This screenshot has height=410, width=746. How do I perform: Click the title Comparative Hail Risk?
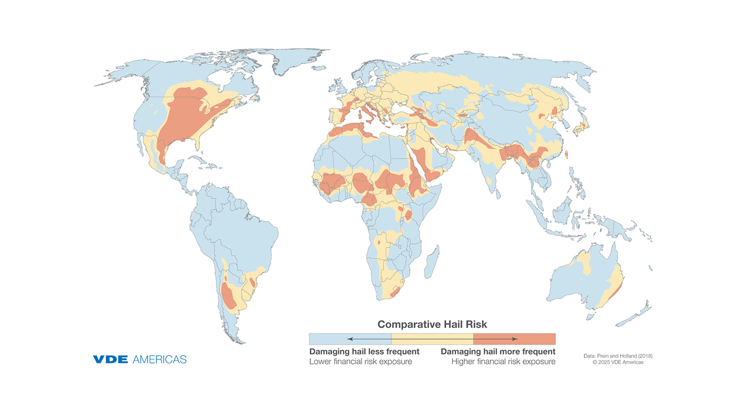(x=432, y=325)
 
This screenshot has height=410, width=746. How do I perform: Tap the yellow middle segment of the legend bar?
(x=432, y=339)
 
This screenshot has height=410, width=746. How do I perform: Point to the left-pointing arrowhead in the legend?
(x=350, y=339)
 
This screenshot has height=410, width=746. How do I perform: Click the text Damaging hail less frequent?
(x=364, y=352)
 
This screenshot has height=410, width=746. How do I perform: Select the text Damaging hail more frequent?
(x=498, y=352)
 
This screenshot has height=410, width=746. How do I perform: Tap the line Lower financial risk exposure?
(x=361, y=361)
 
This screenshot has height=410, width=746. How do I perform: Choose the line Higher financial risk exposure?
(x=503, y=361)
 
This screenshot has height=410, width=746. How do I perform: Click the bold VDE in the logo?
(x=110, y=359)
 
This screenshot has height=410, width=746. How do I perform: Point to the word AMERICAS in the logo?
(x=160, y=359)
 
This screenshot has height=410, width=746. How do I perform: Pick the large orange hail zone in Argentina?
(x=227, y=295)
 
